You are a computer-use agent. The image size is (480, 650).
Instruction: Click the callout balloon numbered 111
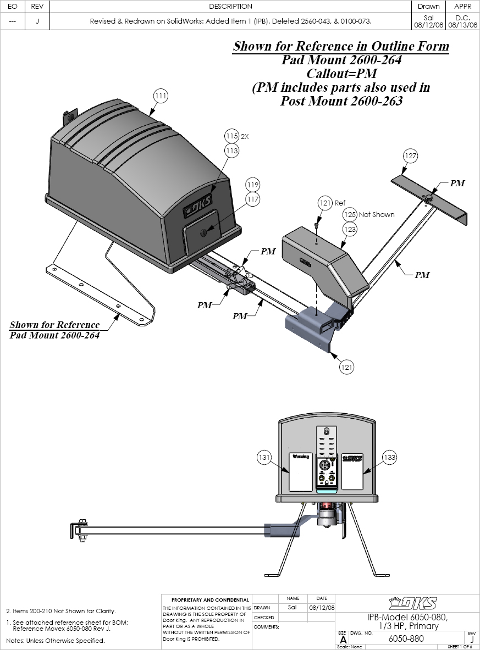(x=160, y=96)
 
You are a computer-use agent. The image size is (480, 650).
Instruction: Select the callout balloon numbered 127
(x=410, y=156)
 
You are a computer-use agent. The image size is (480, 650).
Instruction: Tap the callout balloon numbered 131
(x=265, y=457)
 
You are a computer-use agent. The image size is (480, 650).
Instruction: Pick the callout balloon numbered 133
(x=389, y=457)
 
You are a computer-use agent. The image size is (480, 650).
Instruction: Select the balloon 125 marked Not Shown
(x=350, y=214)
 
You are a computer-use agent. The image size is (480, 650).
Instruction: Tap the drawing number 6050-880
(x=401, y=638)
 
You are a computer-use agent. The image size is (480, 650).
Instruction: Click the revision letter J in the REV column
(x=36, y=21)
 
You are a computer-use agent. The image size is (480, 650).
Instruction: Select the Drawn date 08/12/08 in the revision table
(x=428, y=25)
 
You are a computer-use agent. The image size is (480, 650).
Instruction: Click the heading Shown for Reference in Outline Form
(x=341, y=47)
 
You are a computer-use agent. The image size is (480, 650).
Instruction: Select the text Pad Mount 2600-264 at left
(x=54, y=335)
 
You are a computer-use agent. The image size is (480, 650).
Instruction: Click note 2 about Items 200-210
(x=60, y=611)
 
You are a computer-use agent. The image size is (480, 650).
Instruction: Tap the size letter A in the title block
(x=343, y=640)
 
